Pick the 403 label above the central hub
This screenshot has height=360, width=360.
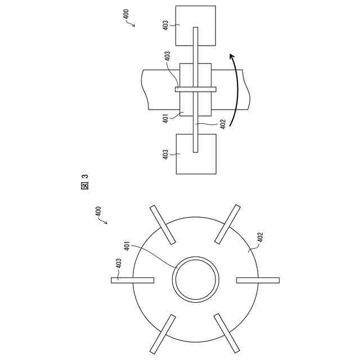(167, 58)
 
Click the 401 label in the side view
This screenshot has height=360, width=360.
(167, 119)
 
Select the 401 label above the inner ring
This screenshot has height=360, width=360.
(127, 247)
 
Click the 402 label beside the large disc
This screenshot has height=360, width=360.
(260, 238)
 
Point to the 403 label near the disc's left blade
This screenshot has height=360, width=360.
(118, 263)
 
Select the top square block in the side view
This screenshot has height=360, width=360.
(195, 25)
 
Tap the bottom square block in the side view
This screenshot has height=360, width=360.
(195, 153)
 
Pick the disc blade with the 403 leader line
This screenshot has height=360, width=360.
(133, 280)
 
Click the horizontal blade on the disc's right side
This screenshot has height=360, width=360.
(258, 280)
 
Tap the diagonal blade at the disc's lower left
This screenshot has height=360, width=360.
(164, 334)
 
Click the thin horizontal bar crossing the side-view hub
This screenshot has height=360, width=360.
(196, 89)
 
